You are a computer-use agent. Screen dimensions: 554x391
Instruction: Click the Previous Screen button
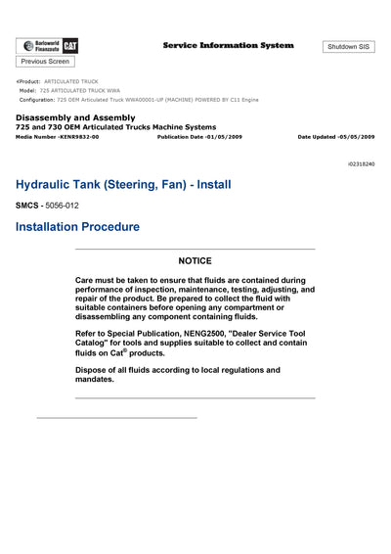pos(45,62)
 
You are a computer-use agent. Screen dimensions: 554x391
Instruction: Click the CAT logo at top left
pos(73,46)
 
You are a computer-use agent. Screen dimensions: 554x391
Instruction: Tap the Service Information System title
pos(227,46)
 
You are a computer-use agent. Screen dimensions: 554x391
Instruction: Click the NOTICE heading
pos(195,261)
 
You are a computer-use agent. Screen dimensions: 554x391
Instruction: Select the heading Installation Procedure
pos(77,227)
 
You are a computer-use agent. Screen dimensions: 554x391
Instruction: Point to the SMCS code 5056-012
pos(62,206)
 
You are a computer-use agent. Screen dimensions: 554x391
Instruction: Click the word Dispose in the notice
pos(92,370)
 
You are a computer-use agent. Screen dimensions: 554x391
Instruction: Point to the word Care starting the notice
pos(86,280)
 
